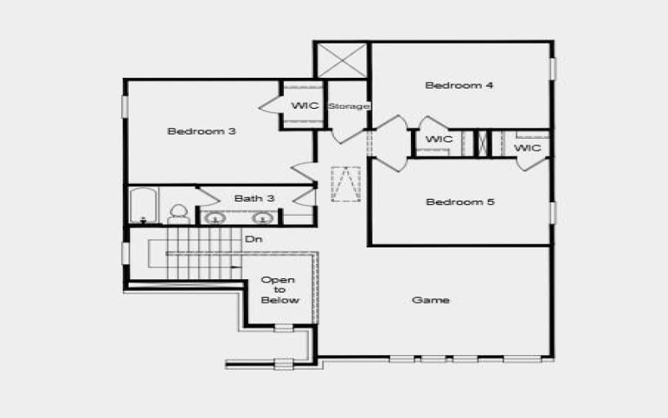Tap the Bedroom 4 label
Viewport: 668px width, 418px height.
click(x=453, y=85)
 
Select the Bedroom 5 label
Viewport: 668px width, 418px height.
click(x=454, y=201)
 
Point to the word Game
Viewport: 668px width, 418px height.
click(x=431, y=300)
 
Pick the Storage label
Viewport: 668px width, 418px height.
click(x=349, y=106)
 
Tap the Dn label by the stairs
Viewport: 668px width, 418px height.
click(x=254, y=240)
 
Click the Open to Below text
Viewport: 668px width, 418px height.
click(x=279, y=290)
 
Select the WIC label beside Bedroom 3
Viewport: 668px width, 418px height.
click(x=303, y=106)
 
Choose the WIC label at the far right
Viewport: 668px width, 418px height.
click(x=528, y=148)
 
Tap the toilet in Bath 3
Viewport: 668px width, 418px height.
click(x=179, y=214)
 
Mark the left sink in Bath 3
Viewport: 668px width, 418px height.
click(x=215, y=218)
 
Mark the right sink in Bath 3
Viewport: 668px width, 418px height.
click(x=263, y=218)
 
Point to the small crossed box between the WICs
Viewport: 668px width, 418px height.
click(x=482, y=143)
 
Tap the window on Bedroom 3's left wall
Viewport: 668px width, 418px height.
click(x=125, y=106)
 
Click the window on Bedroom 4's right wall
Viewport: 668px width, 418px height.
click(x=553, y=68)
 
